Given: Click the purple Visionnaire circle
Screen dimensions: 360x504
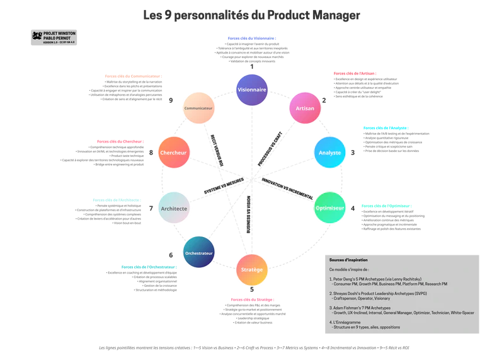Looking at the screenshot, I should (x=252, y=90).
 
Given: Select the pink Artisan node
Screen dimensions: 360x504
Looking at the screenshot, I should (x=305, y=109).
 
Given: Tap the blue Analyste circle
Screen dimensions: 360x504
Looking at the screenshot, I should (x=330, y=153).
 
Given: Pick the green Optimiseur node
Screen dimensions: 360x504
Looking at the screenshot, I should (x=329, y=207).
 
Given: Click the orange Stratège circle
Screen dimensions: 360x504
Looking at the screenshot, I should (x=252, y=269).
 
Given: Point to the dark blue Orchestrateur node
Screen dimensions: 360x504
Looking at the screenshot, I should (x=199, y=253).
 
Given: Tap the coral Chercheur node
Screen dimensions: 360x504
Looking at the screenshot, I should (x=174, y=153).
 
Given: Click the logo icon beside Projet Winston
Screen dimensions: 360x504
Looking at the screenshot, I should (x=37, y=35).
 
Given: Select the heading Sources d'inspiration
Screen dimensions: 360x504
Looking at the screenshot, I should (x=348, y=260).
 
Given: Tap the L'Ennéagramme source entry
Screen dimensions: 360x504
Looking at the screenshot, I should (x=347, y=322).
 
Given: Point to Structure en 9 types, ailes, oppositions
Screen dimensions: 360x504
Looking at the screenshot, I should (x=367, y=327).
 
